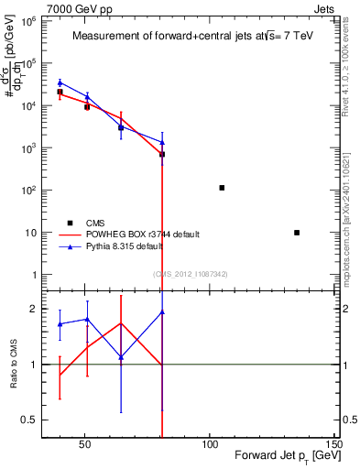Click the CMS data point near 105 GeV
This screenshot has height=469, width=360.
tap(222, 188)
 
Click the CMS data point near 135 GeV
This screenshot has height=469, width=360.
tap(297, 233)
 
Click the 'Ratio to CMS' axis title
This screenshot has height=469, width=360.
tap(12, 364)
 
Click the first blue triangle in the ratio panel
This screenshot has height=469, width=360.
tap(60, 324)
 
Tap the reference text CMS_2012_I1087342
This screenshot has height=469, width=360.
tap(190, 273)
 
